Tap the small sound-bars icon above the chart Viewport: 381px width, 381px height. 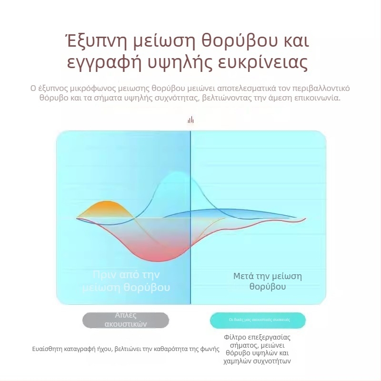pyautogui.click(x=190, y=120)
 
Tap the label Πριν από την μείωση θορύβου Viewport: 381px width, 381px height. pyautogui.click(x=126, y=281)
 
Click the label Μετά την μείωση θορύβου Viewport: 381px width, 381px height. pyautogui.click(x=267, y=281)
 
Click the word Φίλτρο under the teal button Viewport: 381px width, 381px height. pyautogui.click(x=234, y=337)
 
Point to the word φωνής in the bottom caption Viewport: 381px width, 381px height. pyautogui.click(x=210, y=349)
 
